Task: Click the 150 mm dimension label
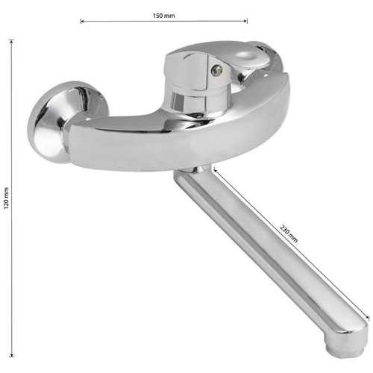163,16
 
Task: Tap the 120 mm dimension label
6,198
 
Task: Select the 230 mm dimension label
289,233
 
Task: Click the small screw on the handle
216,70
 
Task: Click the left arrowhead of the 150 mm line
82,22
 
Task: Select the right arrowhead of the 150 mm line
245,22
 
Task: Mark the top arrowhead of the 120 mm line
11,41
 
